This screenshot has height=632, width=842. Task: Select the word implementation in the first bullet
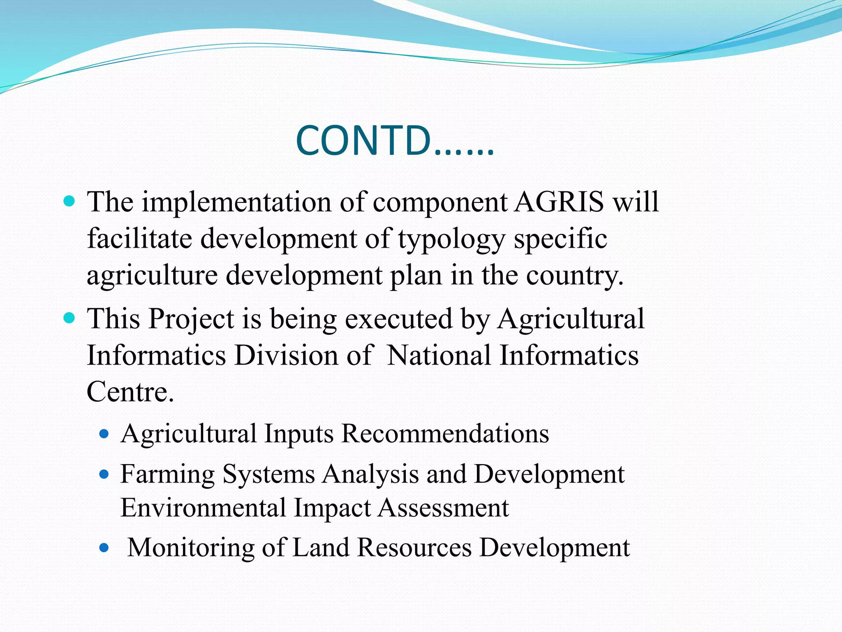(237, 202)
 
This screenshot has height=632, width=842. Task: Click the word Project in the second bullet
(191, 319)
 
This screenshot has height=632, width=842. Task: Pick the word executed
(398, 319)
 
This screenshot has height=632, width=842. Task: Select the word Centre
(130, 391)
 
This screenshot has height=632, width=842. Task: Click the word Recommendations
(445, 434)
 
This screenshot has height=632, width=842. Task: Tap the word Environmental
(203, 508)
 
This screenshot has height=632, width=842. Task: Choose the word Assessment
(443, 508)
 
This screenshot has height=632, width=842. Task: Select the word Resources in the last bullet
(414, 548)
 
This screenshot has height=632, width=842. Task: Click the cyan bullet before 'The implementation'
(70, 202)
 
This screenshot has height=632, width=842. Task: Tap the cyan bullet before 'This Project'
(70, 318)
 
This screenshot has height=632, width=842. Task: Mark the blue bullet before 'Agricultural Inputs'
(104, 434)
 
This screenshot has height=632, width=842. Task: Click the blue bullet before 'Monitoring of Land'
(104, 548)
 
